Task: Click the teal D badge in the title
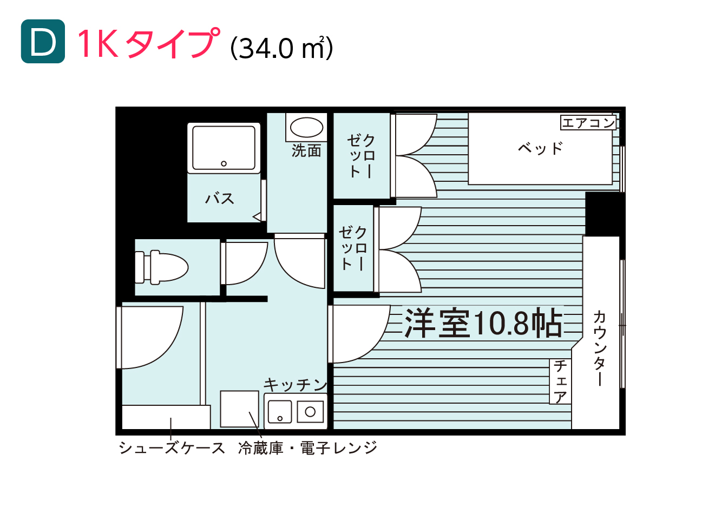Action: point(43,41)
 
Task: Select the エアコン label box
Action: point(588,123)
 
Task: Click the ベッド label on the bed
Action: point(540,148)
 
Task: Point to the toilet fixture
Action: point(161,267)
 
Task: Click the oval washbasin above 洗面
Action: point(306,127)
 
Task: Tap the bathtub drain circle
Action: point(224,163)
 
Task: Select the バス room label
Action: point(219,199)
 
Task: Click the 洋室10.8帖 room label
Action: point(483,323)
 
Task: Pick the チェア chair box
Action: point(560,381)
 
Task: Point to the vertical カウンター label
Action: point(600,348)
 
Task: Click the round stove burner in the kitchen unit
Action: point(310,412)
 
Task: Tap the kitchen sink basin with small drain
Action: point(280,412)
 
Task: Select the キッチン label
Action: point(296,385)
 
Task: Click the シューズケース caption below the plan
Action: point(172,448)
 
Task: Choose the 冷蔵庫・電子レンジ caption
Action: point(307,448)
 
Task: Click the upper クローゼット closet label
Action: point(361,156)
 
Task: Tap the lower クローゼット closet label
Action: point(352,248)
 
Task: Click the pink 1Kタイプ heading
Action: point(149,43)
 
